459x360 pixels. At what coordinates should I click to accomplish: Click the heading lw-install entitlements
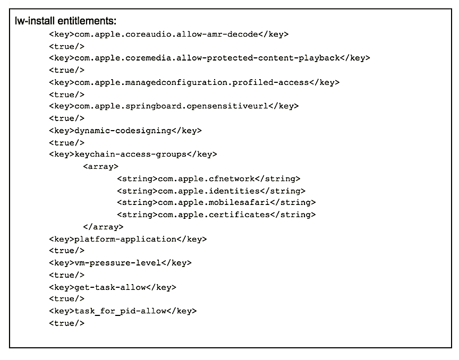pos(66,21)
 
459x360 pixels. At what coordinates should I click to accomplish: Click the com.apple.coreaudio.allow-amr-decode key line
pos(168,34)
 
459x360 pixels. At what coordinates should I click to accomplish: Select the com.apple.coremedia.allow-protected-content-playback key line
pos(209,58)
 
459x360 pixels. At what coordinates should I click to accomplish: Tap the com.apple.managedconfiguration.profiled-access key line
pos(194,82)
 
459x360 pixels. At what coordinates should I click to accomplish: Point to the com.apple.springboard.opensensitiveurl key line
pos(174,106)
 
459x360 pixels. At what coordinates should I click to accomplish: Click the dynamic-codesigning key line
pos(125,130)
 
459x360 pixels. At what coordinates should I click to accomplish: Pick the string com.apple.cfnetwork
pos(208,179)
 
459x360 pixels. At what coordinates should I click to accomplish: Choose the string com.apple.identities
pos(211,191)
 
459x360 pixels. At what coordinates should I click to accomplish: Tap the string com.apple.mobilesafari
pos(216,203)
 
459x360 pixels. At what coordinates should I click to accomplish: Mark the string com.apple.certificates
pos(216,215)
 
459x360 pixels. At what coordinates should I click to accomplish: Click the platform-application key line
pos(127,239)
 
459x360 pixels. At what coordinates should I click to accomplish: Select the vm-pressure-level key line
pos(120,263)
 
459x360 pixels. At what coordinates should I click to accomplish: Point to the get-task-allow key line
pos(112,287)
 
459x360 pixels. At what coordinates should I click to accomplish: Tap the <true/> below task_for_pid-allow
pos(66,323)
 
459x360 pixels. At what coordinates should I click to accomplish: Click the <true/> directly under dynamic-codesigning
pos(66,142)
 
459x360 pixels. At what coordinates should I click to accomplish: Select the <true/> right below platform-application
pos(66,251)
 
